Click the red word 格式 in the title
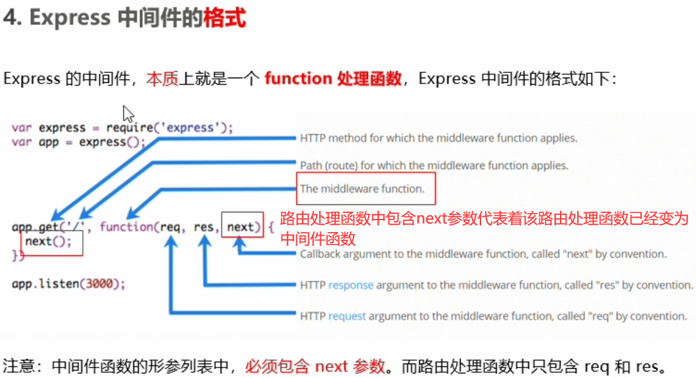tap(225, 18)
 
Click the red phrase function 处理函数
tap(333, 79)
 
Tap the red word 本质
tap(162, 79)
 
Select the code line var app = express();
tap(78, 142)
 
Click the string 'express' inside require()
tap(191, 128)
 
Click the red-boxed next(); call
tap(52, 243)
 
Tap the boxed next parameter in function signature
tap(241, 227)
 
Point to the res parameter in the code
tap(204, 227)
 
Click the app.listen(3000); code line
tap(68, 284)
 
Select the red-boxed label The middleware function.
tap(362, 189)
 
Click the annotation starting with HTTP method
tap(438, 139)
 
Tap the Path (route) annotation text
tap(434, 165)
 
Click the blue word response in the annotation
tap(351, 285)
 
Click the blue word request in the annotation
tap(347, 316)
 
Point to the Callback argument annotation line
tap(483, 254)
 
